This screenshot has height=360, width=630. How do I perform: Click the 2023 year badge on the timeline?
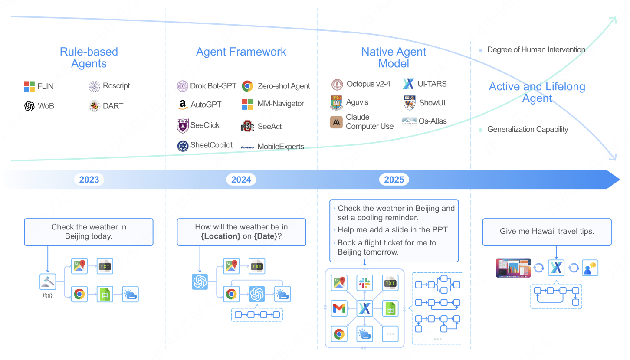[x=89, y=180]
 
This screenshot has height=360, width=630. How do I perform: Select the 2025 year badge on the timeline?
[x=394, y=180]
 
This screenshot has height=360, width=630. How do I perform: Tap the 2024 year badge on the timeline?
[x=241, y=180]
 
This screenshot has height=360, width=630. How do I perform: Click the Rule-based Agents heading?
[x=89, y=58]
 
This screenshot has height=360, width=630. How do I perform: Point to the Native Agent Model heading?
[x=394, y=58]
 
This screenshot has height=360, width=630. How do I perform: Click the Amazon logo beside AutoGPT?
[x=183, y=105]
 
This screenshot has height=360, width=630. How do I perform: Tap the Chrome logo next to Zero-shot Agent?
[x=247, y=86]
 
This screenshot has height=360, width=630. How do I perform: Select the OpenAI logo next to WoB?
[x=30, y=106]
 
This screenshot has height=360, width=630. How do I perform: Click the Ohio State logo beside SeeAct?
[x=247, y=126]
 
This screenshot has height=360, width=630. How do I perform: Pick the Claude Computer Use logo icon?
[x=336, y=122]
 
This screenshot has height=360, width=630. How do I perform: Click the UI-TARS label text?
[x=432, y=84]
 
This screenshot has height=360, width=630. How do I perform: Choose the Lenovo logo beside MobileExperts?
[x=247, y=147]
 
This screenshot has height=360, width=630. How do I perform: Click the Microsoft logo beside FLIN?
[x=30, y=86]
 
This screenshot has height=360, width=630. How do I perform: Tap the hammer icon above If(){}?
[x=47, y=282]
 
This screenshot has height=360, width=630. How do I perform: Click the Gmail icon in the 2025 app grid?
[x=339, y=308]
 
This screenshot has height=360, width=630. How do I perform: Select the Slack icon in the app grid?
[x=364, y=283]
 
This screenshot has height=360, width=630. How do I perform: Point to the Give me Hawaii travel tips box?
[x=547, y=232]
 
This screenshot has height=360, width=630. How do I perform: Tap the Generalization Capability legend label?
[x=527, y=129]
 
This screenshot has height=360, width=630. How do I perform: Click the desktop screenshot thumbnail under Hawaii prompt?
[x=513, y=268]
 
